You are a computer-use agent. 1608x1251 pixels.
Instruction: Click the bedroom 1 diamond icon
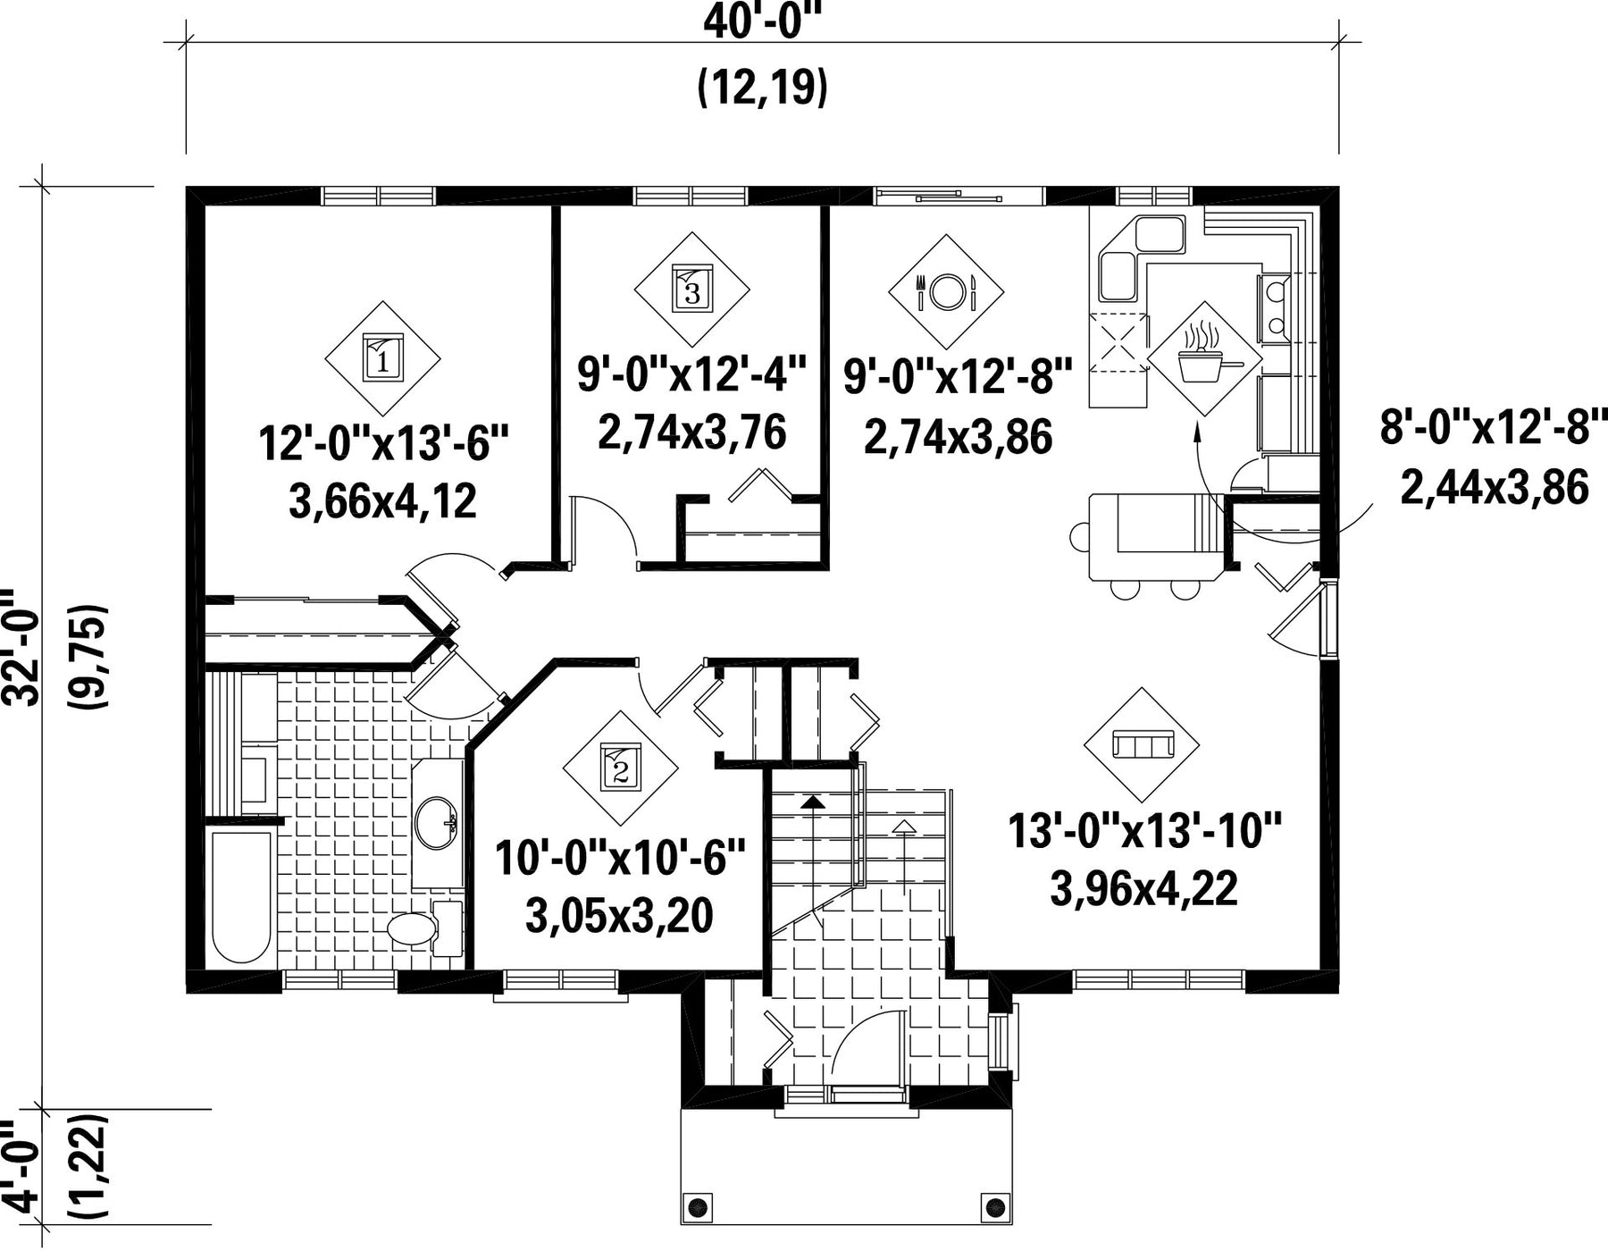382,358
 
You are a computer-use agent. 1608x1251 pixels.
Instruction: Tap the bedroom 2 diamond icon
621,768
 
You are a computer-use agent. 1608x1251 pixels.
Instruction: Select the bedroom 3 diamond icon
692,290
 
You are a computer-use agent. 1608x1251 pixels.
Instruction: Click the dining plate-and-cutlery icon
946,290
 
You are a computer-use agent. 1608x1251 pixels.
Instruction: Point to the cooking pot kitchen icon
1205,358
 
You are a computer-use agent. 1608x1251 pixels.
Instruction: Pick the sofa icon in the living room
1142,744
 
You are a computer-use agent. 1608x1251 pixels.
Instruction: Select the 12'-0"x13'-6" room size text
383,442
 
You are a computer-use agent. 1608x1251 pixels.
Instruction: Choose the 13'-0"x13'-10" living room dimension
1145,831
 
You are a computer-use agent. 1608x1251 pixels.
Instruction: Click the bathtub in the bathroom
241,896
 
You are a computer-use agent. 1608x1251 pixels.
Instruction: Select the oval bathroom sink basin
437,822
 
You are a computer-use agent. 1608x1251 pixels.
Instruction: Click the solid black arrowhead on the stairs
812,801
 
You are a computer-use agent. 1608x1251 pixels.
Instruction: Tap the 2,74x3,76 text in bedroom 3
692,432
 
